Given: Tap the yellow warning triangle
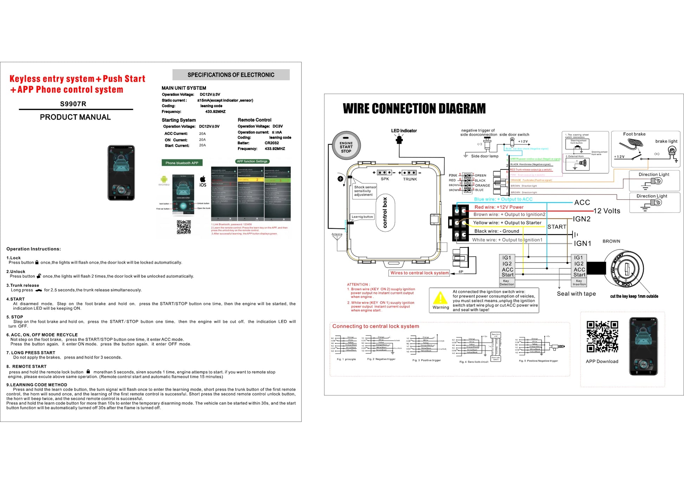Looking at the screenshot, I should (x=440, y=298).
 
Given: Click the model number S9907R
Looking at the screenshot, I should (x=73, y=104).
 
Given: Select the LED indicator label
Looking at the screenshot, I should (x=404, y=131).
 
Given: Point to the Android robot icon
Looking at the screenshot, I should (x=164, y=179).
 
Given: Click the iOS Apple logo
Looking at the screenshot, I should (x=203, y=179).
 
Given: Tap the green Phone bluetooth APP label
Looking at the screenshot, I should (x=182, y=163).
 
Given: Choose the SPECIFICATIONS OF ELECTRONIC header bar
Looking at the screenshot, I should (x=231, y=75).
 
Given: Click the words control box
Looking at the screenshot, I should (x=385, y=213).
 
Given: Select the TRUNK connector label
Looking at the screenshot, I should (x=410, y=179).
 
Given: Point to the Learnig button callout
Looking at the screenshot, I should (x=362, y=217).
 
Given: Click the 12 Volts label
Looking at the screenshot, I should (x=607, y=211).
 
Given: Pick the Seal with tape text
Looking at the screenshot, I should (x=576, y=294).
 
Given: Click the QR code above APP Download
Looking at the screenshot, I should (x=602, y=336).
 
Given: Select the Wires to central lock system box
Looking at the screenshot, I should (x=419, y=273).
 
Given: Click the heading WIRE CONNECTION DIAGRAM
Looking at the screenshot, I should (x=414, y=109).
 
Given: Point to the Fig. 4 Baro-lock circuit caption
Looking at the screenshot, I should (x=473, y=362).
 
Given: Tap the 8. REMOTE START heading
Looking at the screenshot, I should (x=26, y=366).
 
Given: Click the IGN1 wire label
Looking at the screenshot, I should (x=582, y=243).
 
